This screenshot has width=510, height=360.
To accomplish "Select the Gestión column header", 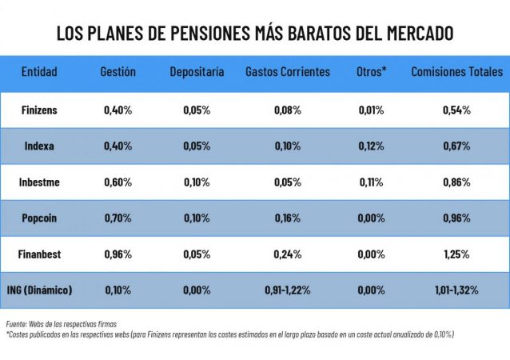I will click(118, 72).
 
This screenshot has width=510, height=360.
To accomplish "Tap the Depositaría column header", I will click(197, 72).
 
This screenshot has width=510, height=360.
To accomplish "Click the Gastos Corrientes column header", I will click(288, 72).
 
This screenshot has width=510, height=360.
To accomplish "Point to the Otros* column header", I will click(372, 72).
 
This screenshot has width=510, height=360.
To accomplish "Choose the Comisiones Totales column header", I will click(456, 72).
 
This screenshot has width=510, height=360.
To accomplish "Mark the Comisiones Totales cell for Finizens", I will click(456, 110).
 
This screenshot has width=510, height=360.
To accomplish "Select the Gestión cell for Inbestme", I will click(118, 182).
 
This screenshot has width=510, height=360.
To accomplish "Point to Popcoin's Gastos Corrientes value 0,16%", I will click(288, 218).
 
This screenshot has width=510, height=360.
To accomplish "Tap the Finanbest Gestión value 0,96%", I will click(118, 254).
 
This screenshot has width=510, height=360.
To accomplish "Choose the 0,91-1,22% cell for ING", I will click(288, 290).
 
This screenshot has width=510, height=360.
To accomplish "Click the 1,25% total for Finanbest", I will click(456, 254).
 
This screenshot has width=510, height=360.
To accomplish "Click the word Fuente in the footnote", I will click(16, 323).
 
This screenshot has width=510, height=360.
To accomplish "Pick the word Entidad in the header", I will click(39, 72).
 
